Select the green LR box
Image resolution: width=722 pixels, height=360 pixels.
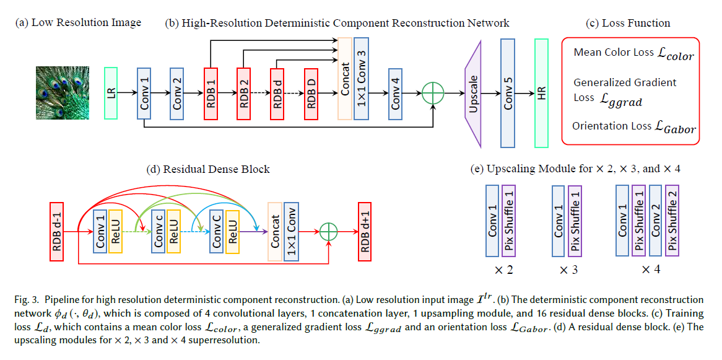[x=111, y=93]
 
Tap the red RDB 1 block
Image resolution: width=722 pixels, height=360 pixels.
[x=211, y=93]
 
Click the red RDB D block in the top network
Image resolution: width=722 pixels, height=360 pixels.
[x=311, y=93]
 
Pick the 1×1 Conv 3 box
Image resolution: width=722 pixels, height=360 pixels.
[x=362, y=78]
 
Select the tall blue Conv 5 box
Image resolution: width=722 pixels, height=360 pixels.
[x=508, y=93]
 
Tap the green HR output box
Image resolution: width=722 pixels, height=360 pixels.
[x=541, y=93]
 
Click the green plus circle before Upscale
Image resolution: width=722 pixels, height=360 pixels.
[x=433, y=94]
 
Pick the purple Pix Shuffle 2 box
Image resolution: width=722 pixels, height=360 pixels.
[x=672, y=220]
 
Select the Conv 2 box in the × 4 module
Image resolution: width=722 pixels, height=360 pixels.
[x=656, y=220]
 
